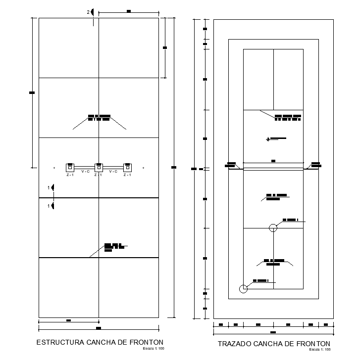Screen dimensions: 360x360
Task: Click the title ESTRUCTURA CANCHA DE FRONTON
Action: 101,342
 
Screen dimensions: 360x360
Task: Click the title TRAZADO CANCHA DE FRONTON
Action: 274,343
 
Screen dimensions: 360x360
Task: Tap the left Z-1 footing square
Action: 70,167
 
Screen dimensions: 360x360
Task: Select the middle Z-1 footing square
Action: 99,167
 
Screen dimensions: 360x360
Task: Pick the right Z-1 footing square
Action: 127,167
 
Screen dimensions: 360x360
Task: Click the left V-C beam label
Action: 85,172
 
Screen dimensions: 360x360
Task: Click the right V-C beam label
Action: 113,172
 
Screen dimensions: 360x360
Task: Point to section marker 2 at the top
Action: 91,12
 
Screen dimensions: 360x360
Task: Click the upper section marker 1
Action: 51,188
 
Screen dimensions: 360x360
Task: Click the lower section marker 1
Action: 51,205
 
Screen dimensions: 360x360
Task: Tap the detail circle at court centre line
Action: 273,227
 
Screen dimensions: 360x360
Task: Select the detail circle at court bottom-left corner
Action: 243,289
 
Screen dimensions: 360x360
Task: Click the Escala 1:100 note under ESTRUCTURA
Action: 154,349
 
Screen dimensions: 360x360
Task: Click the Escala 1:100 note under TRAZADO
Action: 320,349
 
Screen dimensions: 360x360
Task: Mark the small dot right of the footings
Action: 143,168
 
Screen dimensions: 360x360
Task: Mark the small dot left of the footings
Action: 54,168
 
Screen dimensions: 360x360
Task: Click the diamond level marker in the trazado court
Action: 268,139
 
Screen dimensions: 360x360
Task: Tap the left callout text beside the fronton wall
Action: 231,164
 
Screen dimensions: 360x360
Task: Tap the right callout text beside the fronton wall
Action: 315,164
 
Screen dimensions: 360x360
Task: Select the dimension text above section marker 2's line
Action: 129,10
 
